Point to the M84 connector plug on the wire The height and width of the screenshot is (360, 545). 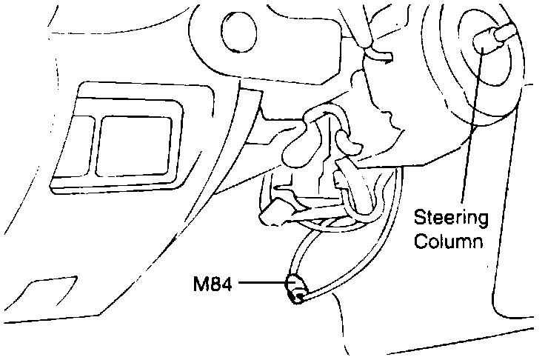[295, 289]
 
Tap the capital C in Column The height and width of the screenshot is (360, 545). [420, 241]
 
